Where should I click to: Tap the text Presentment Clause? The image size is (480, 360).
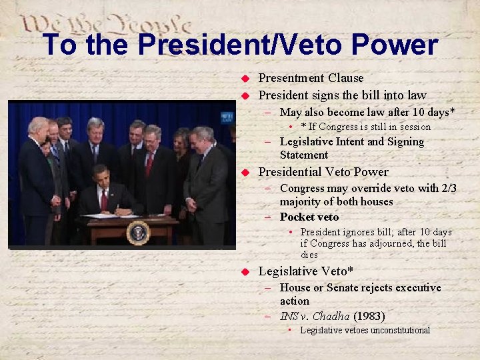click(x=311, y=78)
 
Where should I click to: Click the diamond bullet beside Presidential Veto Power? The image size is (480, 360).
click(x=245, y=172)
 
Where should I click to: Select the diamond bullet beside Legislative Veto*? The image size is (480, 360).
click(x=245, y=272)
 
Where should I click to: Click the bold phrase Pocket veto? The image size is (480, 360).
click(x=309, y=217)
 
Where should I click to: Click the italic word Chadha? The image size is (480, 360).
click(x=331, y=316)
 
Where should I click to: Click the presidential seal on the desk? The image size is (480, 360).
click(x=137, y=233)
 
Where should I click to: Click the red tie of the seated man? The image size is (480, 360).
click(x=103, y=199)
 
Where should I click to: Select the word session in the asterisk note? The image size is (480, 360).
click(x=414, y=127)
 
